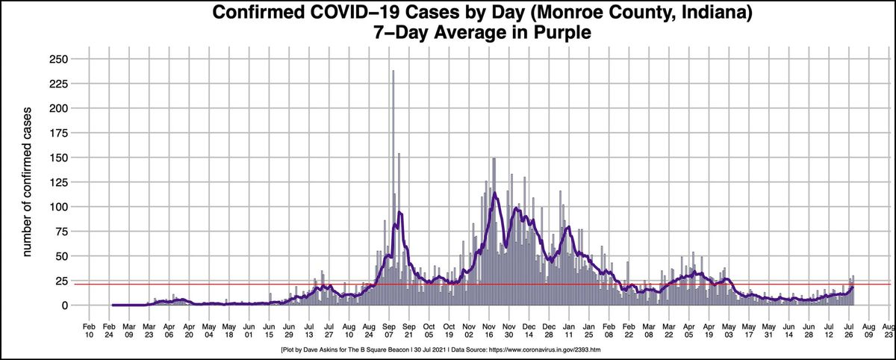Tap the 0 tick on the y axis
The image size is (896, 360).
[x=65, y=305]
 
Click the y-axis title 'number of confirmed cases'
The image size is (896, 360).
[x=25, y=183]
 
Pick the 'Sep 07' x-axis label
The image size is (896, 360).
[x=389, y=332]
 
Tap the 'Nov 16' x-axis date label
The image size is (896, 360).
[x=489, y=332]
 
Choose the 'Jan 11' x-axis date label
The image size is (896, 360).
[x=569, y=332]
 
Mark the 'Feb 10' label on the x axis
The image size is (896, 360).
[x=89, y=332]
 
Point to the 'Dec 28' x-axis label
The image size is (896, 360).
[x=549, y=332]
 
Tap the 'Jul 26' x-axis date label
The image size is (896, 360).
[x=849, y=332]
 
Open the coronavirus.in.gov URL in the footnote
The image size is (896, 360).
[x=544, y=350]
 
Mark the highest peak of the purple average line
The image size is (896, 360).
[x=494, y=193]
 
